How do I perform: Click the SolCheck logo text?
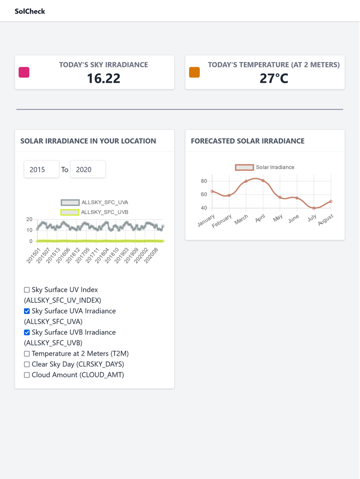[x=30, y=11]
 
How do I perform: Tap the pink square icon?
[x=24, y=72]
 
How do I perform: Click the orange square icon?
[x=194, y=72]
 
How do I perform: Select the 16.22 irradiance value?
[x=103, y=79]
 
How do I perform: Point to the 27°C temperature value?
[x=274, y=79]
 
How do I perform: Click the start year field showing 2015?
[x=41, y=170]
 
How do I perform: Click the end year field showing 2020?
[x=88, y=170]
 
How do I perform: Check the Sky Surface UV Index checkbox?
[x=27, y=290]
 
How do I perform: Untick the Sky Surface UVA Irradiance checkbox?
[x=27, y=311]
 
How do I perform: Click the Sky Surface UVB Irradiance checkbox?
[x=27, y=332]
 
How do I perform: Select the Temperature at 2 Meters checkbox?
[x=27, y=354]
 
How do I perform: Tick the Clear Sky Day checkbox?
[x=27, y=364]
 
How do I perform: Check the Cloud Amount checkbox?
[x=27, y=375]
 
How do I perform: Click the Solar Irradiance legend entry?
[x=265, y=167]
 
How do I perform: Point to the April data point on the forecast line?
[x=263, y=181]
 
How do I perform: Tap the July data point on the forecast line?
[x=314, y=208]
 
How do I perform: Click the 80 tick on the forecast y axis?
[x=204, y=181]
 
